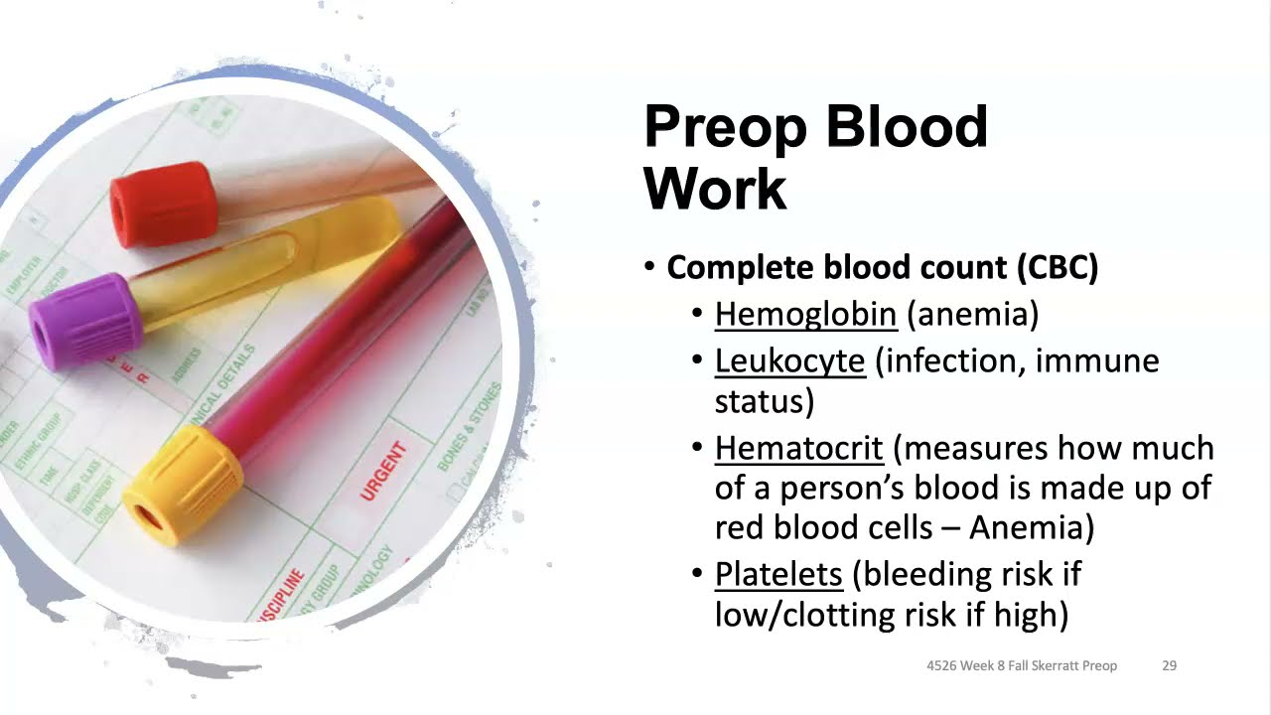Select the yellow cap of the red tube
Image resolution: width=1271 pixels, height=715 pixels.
185,485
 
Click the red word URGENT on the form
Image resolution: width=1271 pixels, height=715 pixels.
383,472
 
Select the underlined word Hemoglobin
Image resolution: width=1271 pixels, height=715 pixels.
805,314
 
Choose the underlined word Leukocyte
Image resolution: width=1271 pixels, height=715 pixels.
789,360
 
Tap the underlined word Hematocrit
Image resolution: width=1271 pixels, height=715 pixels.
798,448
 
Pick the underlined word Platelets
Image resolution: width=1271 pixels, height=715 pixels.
778,574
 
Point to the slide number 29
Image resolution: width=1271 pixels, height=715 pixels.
1169,665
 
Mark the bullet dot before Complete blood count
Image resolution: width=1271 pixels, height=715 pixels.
649,267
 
